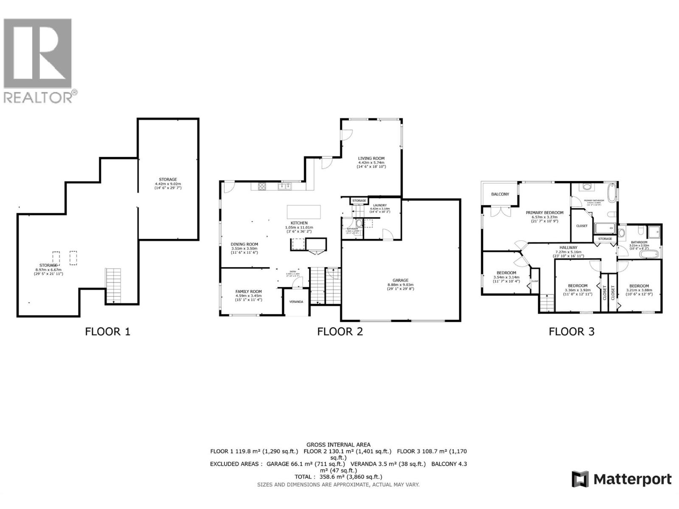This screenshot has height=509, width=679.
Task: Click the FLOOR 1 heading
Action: coord(107,331)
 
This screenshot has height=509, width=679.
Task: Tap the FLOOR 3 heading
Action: coord(571,331)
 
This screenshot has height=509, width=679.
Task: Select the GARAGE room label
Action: coord(400,280)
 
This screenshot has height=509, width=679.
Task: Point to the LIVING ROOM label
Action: coord(371,158)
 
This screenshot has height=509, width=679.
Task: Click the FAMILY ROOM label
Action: coord(248,291)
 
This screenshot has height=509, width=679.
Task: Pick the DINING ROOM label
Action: coord(244,244)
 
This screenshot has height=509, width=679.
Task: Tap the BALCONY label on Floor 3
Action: coord(500,194)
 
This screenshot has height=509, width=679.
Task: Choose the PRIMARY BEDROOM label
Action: coord(544,213)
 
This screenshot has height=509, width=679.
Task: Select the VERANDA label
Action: coord(296,302)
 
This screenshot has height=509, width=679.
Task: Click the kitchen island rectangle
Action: coord(304,211)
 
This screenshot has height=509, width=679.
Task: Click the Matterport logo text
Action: coord(632,479)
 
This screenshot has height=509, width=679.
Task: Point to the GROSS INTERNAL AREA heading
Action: coord(338,445)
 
